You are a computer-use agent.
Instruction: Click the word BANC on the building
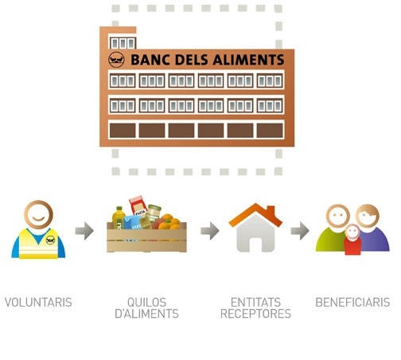tap(150, 60)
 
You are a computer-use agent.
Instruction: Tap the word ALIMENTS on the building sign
tap(248, 60)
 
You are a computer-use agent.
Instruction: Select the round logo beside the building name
tap(116, 60)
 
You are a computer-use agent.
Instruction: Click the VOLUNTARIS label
tap(38, 303)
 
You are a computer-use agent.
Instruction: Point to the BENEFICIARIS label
tap(352, 303)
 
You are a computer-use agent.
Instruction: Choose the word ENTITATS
tap(255, 303)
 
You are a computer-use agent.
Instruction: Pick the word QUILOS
tap(146, 303)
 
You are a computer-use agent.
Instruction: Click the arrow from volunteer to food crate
tap(84, 231)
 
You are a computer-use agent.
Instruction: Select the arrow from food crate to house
tap(210, 231)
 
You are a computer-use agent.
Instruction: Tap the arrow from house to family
tap(300, 231)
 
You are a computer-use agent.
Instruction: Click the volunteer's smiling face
tap(38, 215)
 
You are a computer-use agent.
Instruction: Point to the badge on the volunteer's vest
tap(50, 240)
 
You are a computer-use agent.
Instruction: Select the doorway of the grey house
tap(255, 245)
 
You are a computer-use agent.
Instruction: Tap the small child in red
tap(352, 240)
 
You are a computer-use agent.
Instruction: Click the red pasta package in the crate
tap(138, 205)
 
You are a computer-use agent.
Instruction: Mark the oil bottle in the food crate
tap(119, 217)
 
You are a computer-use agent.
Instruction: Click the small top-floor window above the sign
tap(123, 43)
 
